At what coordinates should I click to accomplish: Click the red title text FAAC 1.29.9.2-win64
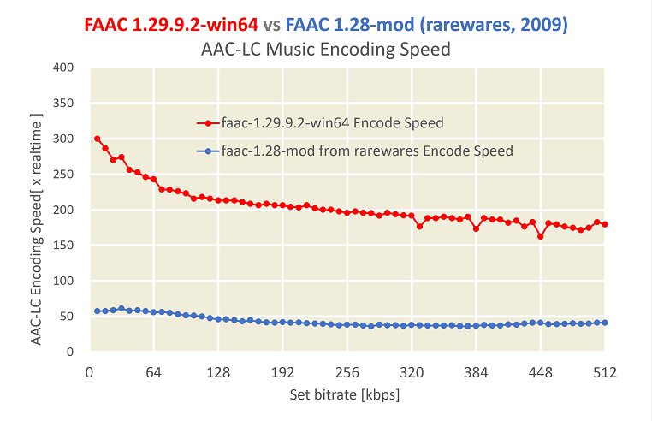point(171,26)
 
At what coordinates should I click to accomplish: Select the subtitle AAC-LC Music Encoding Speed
point(326,50)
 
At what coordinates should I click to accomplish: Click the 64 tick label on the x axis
point(154,372)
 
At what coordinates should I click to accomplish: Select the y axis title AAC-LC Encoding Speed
point(39,210)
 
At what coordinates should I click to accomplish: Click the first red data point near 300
point(98,139)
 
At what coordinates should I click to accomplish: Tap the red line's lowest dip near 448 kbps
point(541,236)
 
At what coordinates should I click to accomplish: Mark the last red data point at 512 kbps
point(605,224)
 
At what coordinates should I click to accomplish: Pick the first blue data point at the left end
point(98,311)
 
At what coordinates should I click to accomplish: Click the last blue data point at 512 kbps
point(605,323)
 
